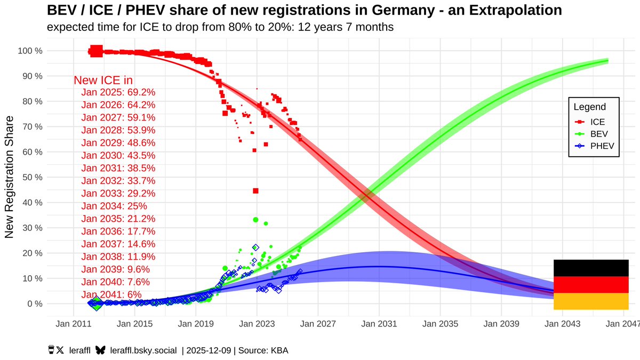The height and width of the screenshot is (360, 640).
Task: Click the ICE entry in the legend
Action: tap(597, 122)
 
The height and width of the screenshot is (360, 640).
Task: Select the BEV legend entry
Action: tap(597, 134)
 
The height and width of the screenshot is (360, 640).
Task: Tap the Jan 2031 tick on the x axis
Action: tap(379, 324)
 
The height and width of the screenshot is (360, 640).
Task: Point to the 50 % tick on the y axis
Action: tap(30, 177)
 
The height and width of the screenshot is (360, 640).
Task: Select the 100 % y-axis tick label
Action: tap(29, 51)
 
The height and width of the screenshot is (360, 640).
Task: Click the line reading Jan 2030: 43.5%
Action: tap(118, 155)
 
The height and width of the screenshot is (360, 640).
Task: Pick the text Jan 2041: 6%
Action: tap(111, 294)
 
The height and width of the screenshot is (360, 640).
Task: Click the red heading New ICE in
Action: tap(103, 81)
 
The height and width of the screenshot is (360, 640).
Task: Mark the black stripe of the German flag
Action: tap(591, 268)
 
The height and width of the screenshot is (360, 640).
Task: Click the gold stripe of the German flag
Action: tap(591, 301)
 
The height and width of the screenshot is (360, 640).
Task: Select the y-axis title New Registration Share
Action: tap(9, 177)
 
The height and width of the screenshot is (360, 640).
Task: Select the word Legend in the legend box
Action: tap(589, 107)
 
